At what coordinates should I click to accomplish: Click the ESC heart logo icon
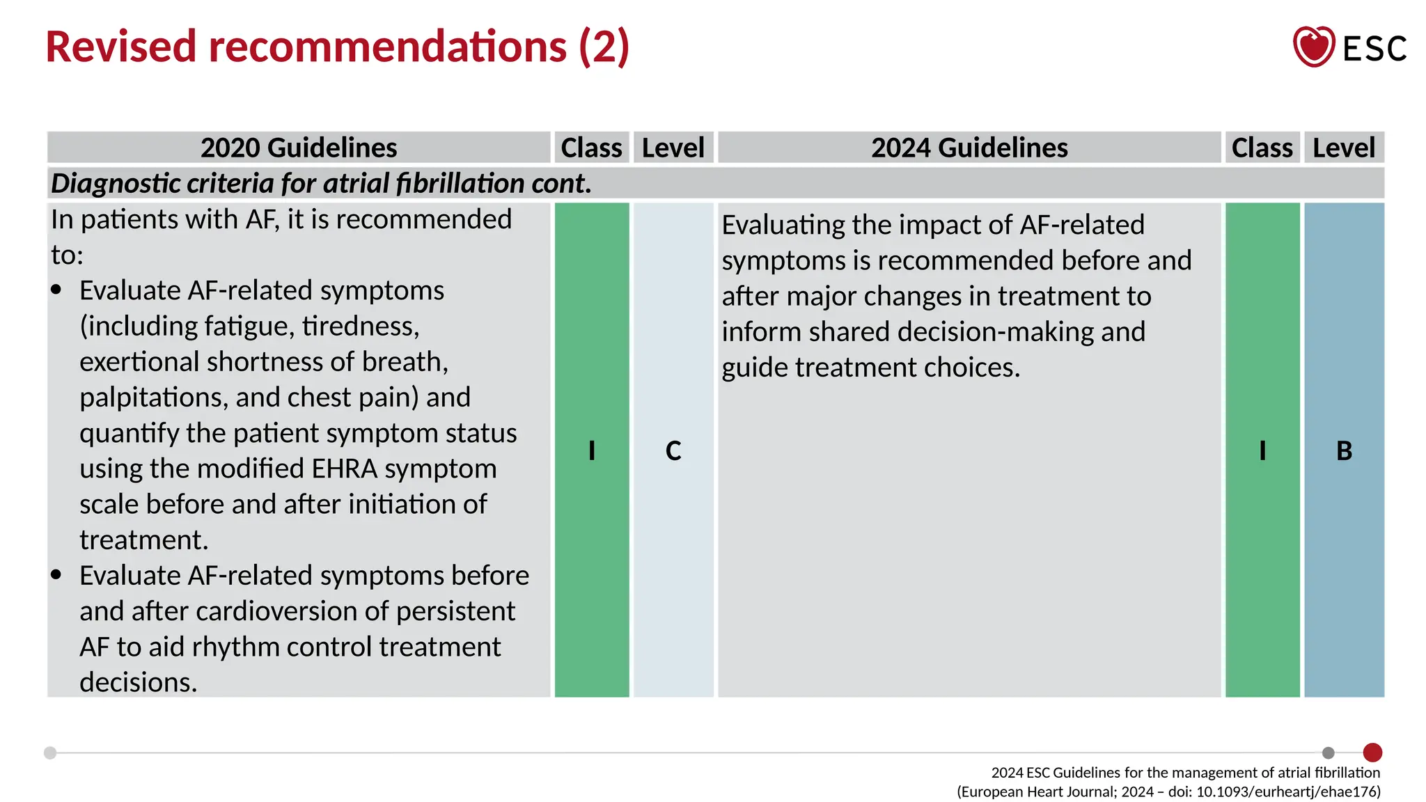point(1313,47)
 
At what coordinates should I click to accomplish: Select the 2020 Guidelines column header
point(299,148)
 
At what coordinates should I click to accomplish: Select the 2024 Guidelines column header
point(969,148)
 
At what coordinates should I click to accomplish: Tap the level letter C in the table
point(673,451)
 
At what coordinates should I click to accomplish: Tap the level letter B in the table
point(1344,451)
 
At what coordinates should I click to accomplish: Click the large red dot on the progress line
point(1372,753)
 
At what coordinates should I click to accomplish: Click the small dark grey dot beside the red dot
point(1329,753)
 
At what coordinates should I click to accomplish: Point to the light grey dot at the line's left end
point(50,753)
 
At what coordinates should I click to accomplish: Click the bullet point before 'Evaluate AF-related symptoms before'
point(56,575)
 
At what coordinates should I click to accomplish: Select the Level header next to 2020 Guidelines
point(673,148)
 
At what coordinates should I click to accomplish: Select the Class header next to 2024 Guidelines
point(1262,148)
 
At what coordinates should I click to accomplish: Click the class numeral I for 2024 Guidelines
point(1262,451)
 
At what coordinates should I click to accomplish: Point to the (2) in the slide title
point(604,47)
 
